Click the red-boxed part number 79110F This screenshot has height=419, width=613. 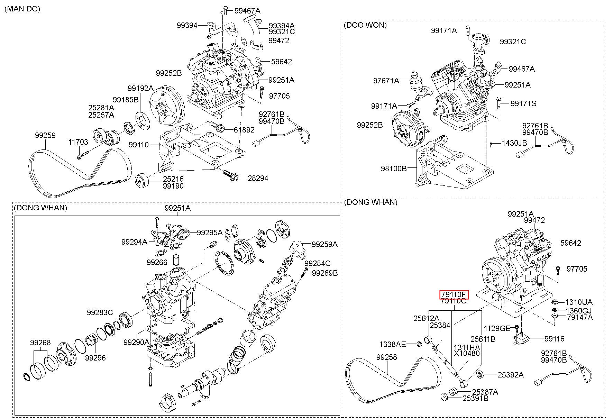454,294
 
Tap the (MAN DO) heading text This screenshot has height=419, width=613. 22,9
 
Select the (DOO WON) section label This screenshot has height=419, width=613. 365,25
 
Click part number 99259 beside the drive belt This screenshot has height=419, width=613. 45,136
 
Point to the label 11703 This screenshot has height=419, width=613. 78,142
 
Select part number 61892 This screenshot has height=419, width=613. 244,130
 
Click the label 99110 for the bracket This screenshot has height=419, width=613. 139,145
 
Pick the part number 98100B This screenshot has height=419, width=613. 394,168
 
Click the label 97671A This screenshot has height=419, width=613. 386,81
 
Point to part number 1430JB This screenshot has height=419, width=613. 514,143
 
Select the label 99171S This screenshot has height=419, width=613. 523,103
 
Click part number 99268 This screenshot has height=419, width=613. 40,343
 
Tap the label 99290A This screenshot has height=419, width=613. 137,342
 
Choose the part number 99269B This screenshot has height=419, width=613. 325,273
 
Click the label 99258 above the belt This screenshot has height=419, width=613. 387,357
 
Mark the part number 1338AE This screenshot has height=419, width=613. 393,344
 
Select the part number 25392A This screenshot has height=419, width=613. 511,374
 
